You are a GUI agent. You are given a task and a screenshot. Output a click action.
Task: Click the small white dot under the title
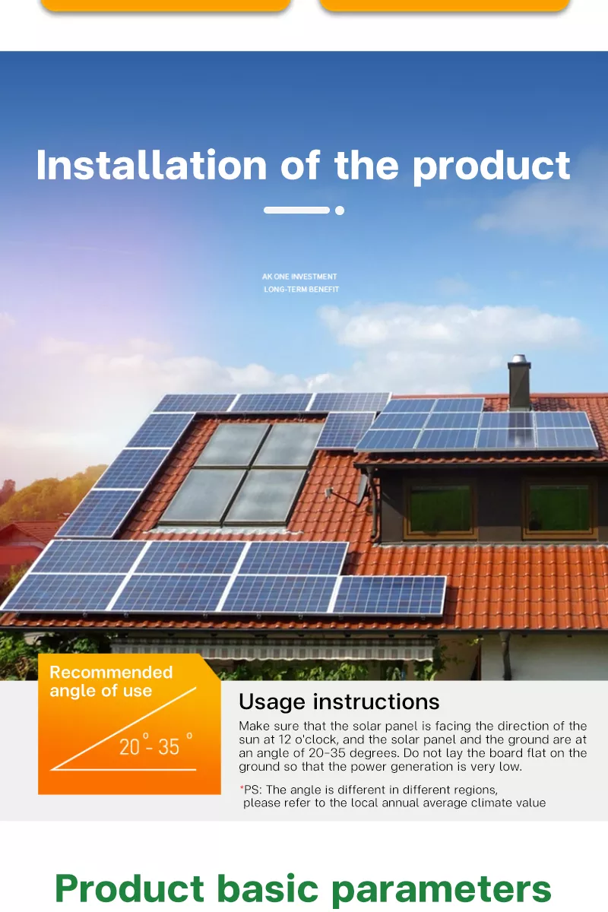340,211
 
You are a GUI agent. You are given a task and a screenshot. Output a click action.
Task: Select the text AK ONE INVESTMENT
299,277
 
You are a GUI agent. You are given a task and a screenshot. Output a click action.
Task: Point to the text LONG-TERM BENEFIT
301,290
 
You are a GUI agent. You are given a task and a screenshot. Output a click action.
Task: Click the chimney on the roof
520,382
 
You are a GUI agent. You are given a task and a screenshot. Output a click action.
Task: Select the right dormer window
559,507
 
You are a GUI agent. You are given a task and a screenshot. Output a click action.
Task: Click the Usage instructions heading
339,701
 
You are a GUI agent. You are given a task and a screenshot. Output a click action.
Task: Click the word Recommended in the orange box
111,673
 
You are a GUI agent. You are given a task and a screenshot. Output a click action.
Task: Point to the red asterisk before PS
242,788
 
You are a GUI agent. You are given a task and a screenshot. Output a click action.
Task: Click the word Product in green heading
130,888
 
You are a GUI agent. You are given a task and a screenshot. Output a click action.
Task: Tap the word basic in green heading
269,888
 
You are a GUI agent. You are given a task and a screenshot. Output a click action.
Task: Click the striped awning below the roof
274,648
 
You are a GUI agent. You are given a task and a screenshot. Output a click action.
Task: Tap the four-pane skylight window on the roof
241,473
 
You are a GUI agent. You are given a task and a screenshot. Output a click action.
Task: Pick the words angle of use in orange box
100,691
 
